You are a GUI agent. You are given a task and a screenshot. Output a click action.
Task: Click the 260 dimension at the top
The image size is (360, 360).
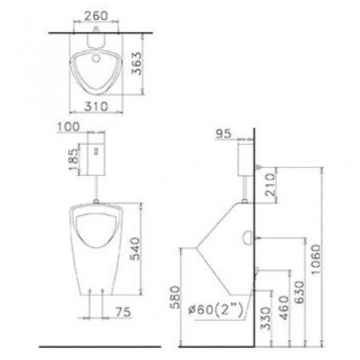[96, 16]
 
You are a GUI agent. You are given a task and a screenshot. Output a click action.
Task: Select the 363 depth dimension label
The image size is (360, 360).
[138, 63]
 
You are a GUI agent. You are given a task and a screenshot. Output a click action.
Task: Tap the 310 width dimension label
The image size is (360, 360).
[96, 106]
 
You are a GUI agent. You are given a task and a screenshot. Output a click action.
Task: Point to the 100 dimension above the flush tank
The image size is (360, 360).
[68, 126]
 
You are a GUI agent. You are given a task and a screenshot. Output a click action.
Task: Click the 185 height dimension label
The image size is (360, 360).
[74, 159]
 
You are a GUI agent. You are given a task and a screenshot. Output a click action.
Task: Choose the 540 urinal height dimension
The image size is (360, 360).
[134, 249]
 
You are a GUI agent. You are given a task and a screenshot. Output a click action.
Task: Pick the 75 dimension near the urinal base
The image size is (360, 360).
[123, 312]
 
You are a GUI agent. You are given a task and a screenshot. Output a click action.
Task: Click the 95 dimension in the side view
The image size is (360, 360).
[223, 134]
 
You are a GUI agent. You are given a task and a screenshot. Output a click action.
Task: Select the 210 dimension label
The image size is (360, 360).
[270, 185]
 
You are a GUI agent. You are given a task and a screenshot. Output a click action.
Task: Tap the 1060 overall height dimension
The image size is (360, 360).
[316, 259]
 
